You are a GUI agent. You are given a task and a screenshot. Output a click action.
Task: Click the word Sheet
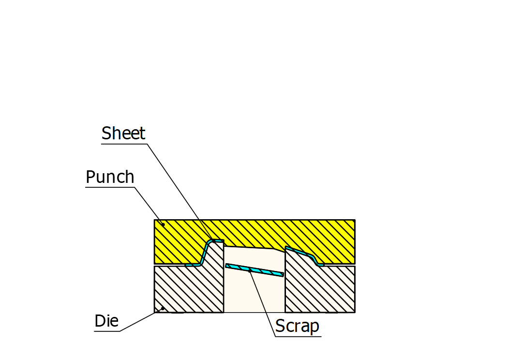(123, 133)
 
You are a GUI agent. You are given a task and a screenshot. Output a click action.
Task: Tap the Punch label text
(110, 177)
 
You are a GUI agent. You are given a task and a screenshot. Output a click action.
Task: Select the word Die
(106, 321)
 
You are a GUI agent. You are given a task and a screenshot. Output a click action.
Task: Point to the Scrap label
(298, 326)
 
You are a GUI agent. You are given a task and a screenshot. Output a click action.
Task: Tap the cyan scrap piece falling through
(254, 270)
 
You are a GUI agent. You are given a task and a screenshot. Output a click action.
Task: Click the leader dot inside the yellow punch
(163, 225)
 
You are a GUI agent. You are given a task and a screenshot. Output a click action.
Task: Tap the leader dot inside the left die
(163, 308)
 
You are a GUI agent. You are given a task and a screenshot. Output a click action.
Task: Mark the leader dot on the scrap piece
(249, 271)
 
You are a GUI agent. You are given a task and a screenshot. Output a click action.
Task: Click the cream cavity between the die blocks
(254, 295)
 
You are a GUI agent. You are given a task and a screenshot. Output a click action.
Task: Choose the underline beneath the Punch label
(110, 187)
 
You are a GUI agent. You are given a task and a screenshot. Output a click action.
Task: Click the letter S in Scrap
(280, 326)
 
